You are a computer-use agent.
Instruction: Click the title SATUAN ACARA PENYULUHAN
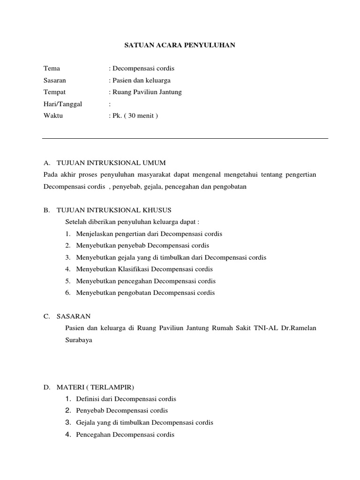pos(180,45)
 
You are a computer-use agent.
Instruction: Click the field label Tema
pos(52,68)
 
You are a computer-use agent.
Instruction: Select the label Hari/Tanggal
pos(62,104)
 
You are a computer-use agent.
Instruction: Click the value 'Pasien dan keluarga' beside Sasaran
pos(141,80)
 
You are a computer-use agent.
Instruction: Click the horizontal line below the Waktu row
pos(185,138)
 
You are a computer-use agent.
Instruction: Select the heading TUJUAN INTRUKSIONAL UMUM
pos(111,163)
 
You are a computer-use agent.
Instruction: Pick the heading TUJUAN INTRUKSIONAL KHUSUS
pos(114,210)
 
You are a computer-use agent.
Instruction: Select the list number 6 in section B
pos(68,292)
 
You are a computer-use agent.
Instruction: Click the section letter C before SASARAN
pos(46,316)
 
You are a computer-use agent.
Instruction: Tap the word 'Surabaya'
pos(79,340)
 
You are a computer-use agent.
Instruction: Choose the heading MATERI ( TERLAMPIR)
pos(95,387)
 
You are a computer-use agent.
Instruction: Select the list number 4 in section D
pos(68,435)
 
